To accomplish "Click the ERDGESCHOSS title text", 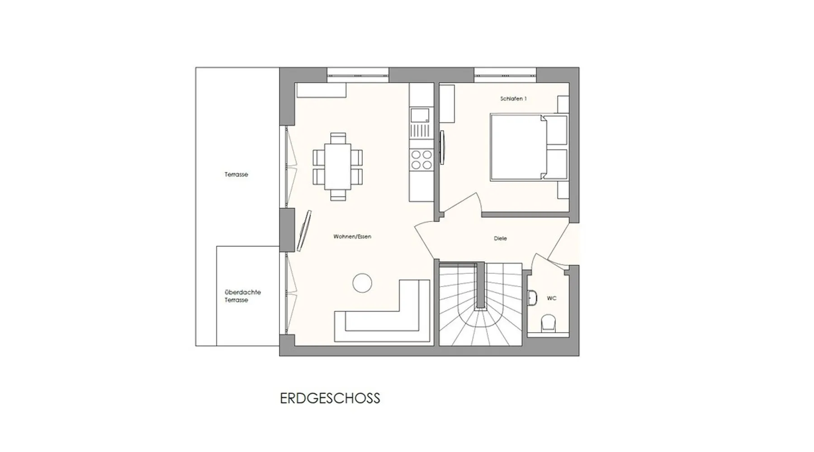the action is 330,398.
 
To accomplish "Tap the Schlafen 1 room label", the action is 513,99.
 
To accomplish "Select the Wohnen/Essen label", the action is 352,236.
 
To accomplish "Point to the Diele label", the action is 500,238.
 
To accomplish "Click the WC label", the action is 552,298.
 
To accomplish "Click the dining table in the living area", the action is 338,166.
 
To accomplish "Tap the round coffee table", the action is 362,283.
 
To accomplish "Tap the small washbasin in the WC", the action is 532,297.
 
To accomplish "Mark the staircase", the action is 481,305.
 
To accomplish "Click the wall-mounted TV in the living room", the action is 303,231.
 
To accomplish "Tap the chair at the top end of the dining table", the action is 338,137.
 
